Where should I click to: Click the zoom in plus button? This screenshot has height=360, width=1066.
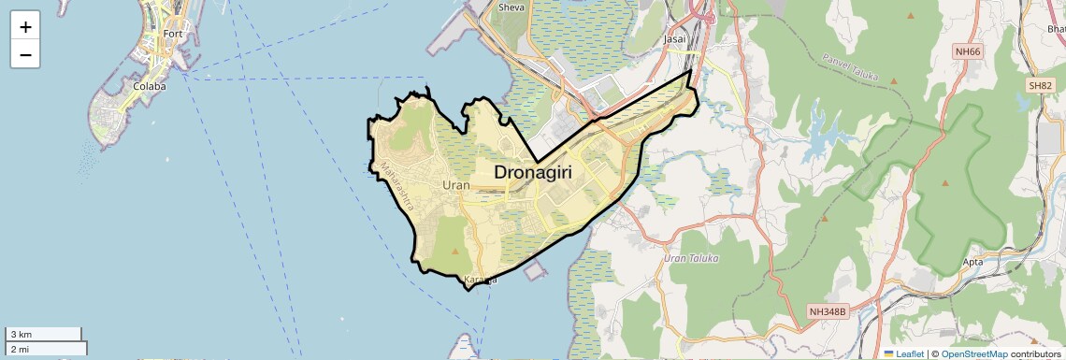pos(25,27)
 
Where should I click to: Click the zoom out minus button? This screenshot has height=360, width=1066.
pos(25,55)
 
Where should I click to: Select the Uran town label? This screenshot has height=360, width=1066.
pos(456,185)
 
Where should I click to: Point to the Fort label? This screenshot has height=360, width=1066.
pos(173,34)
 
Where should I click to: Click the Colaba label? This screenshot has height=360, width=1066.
pos(150,86)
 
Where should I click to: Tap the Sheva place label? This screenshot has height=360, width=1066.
pos(511,7)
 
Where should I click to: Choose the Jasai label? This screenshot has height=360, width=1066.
pos(673,39)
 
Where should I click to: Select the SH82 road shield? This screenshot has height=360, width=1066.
pos(1040,85)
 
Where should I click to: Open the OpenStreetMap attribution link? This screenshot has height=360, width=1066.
pos(973,353)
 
